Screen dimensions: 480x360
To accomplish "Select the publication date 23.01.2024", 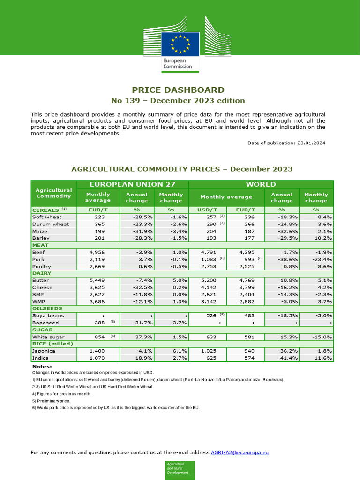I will tap(311, 143).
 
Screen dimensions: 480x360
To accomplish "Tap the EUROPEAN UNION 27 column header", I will tap(133, 184).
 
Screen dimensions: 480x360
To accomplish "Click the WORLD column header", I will tap(261, 184).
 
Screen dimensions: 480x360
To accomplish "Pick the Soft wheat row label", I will tap(47, 217).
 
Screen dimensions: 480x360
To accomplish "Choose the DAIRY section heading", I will tap(41, 273).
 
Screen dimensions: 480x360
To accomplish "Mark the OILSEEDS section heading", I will tap(46, 308).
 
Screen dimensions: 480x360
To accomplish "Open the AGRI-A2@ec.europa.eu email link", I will tap(240, 453).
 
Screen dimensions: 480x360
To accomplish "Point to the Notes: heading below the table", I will tap(42, 366).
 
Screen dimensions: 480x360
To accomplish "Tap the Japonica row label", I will tap(44, 351).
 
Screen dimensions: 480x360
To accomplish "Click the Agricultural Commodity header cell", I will tap(53, 193).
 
